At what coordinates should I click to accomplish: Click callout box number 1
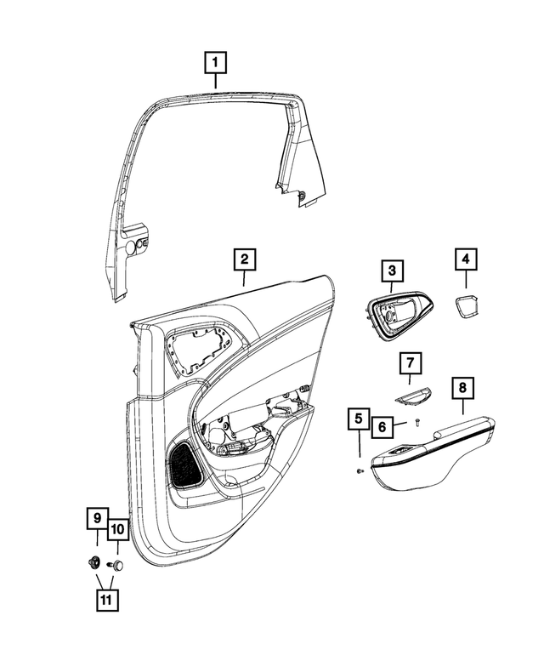pyautogui.click(x=215, y=62)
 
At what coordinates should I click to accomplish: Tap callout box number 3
pyautogui.click(x=391, y=271)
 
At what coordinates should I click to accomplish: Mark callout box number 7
pyautogui.click(x=409, y=365)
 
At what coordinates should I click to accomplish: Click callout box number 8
pyautogui.click(x=462, y=389)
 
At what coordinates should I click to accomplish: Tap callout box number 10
pyautogui.click(x=117, y=529)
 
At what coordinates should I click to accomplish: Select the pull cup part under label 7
pyautogui.click(x=411, y=395)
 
